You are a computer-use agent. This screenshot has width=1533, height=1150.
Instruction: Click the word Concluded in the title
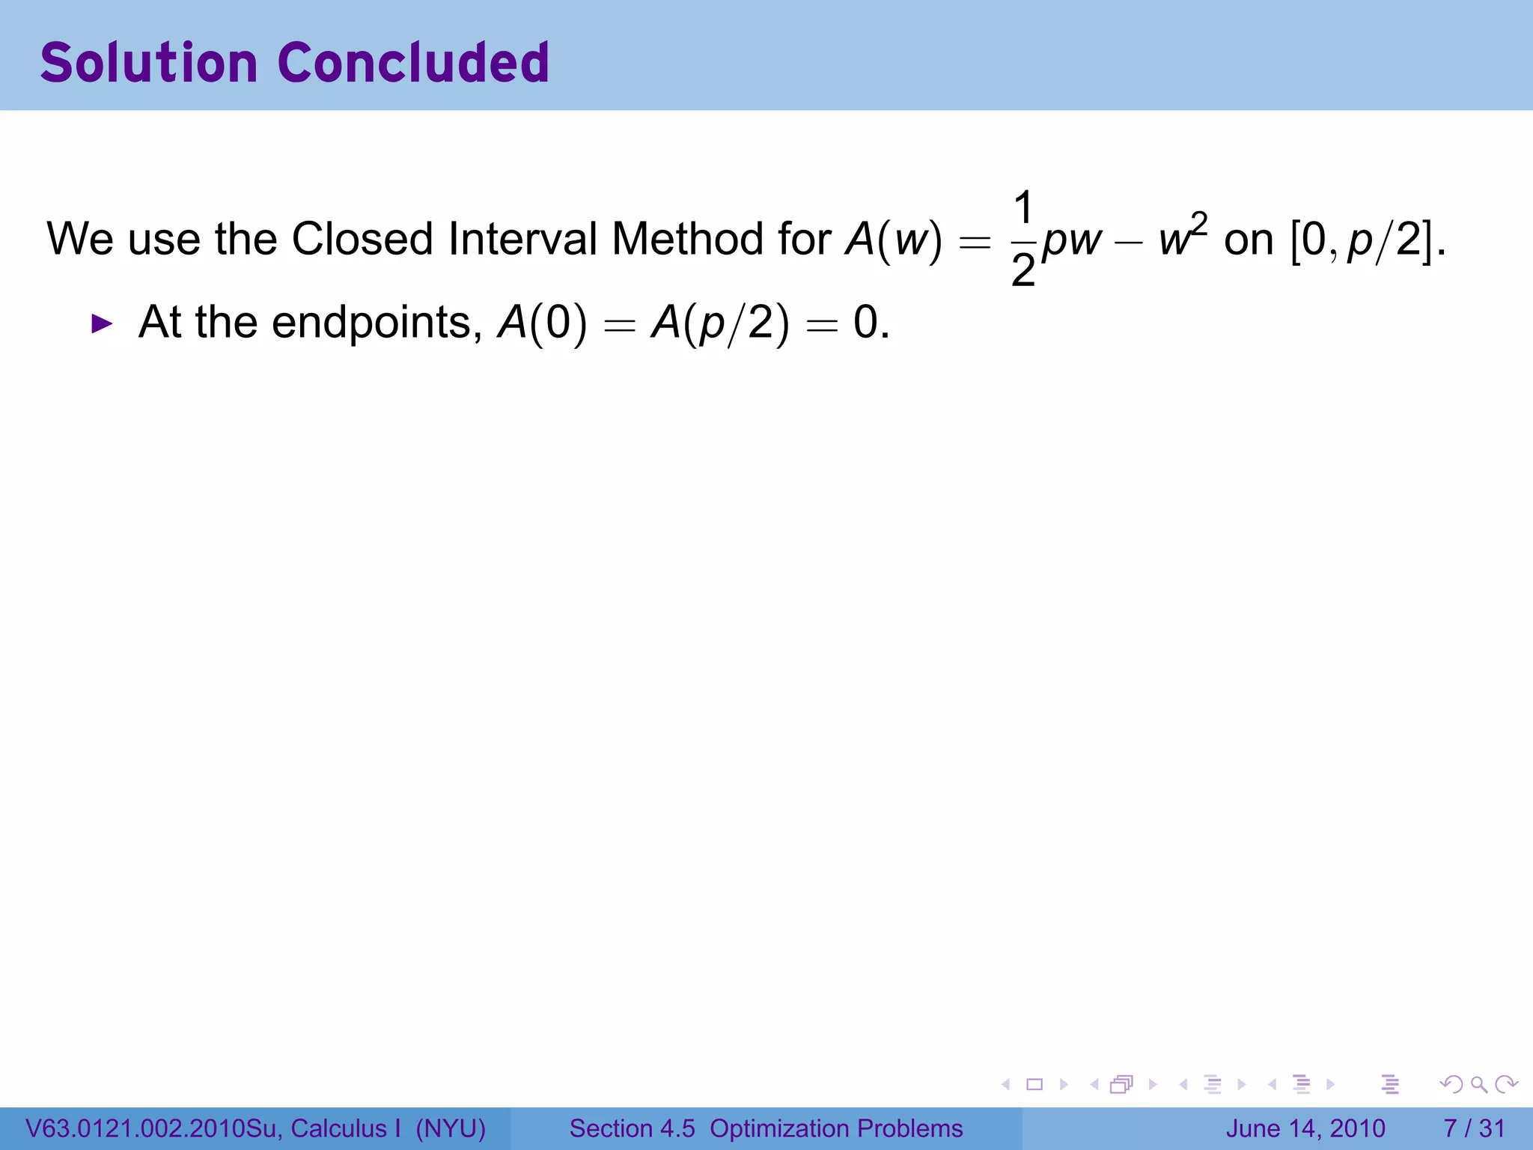[413, 63]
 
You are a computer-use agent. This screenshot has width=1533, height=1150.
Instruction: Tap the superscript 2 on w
[1199, 223]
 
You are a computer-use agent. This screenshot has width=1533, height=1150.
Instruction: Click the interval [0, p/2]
[1362, 240]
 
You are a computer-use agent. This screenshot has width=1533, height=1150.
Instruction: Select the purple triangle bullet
[101, 324]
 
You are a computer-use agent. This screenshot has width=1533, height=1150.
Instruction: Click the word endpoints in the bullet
[371, 323]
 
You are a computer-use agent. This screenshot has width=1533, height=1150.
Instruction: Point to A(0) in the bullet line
[542, 323]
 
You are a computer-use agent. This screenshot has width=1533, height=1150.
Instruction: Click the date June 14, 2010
[1305, 1128]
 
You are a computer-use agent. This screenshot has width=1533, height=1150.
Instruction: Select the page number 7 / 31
[1474, 1128]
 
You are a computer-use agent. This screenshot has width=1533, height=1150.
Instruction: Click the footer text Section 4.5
[632, 1128]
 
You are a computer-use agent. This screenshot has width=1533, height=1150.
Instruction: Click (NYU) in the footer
[451, 1128]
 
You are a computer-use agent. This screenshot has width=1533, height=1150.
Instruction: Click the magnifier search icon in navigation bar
[1478, 1084]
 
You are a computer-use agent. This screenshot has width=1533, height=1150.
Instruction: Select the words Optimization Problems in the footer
[836, 1128]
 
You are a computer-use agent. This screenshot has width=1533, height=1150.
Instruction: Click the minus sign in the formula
[1129, 242]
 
